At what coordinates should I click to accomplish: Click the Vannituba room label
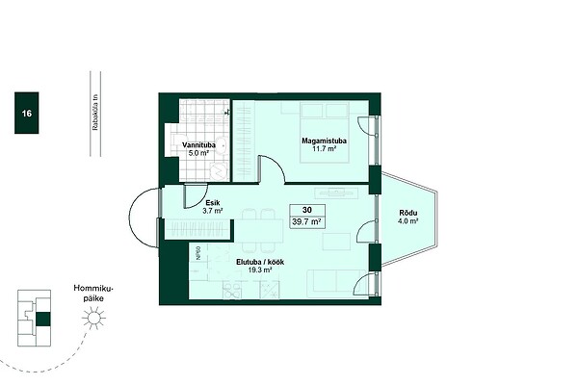198,145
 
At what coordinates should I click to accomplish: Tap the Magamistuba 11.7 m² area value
324,149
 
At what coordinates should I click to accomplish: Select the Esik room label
213,203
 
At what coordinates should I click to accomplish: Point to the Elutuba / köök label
260,263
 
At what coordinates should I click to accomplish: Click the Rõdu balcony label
408,213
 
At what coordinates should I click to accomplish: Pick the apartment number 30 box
307,210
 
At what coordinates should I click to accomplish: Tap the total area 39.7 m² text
306,221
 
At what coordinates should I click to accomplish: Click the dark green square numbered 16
27,113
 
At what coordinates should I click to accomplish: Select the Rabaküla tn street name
95,113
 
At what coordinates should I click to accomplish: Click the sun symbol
93,318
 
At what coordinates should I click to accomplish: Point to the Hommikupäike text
93,294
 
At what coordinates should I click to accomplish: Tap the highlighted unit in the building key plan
42,319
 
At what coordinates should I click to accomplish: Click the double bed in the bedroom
325,133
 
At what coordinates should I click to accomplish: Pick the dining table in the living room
259,231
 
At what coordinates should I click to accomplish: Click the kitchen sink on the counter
232,290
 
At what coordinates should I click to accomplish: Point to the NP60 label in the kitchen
198,254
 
